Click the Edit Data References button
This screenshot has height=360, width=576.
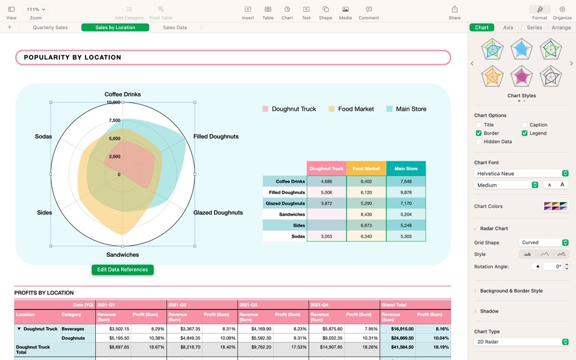[x=122, y=270]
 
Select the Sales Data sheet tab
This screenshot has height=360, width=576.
[x=175, y=27]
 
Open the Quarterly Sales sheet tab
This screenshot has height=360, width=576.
[x=50, y=27]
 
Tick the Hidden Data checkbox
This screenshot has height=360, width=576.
[x=478, y=141]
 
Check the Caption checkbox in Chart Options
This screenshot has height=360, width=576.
[x=524, y=125]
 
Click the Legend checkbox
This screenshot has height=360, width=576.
[x=524, y=133]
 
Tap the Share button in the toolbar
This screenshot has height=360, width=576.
[x=454, y=12]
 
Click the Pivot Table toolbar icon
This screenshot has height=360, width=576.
[x=161, y=12]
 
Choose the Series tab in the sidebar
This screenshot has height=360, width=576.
[x=534, y=27]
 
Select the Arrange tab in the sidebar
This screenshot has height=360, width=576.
[x=561, y=27]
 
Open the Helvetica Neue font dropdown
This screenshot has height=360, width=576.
[x=521, y=173]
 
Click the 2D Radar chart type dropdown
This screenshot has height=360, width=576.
[x=521, y=342]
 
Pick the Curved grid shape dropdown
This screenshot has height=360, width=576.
[x=544, y=242]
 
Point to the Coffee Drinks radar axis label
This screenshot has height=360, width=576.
[x=122, y=95]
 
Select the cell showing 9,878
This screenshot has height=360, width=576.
[x=406, y=192]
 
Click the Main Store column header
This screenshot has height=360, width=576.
[x=406, y=168]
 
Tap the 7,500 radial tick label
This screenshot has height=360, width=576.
[x=115, y=121]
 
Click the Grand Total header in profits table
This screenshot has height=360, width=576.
[x=394, y=305]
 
